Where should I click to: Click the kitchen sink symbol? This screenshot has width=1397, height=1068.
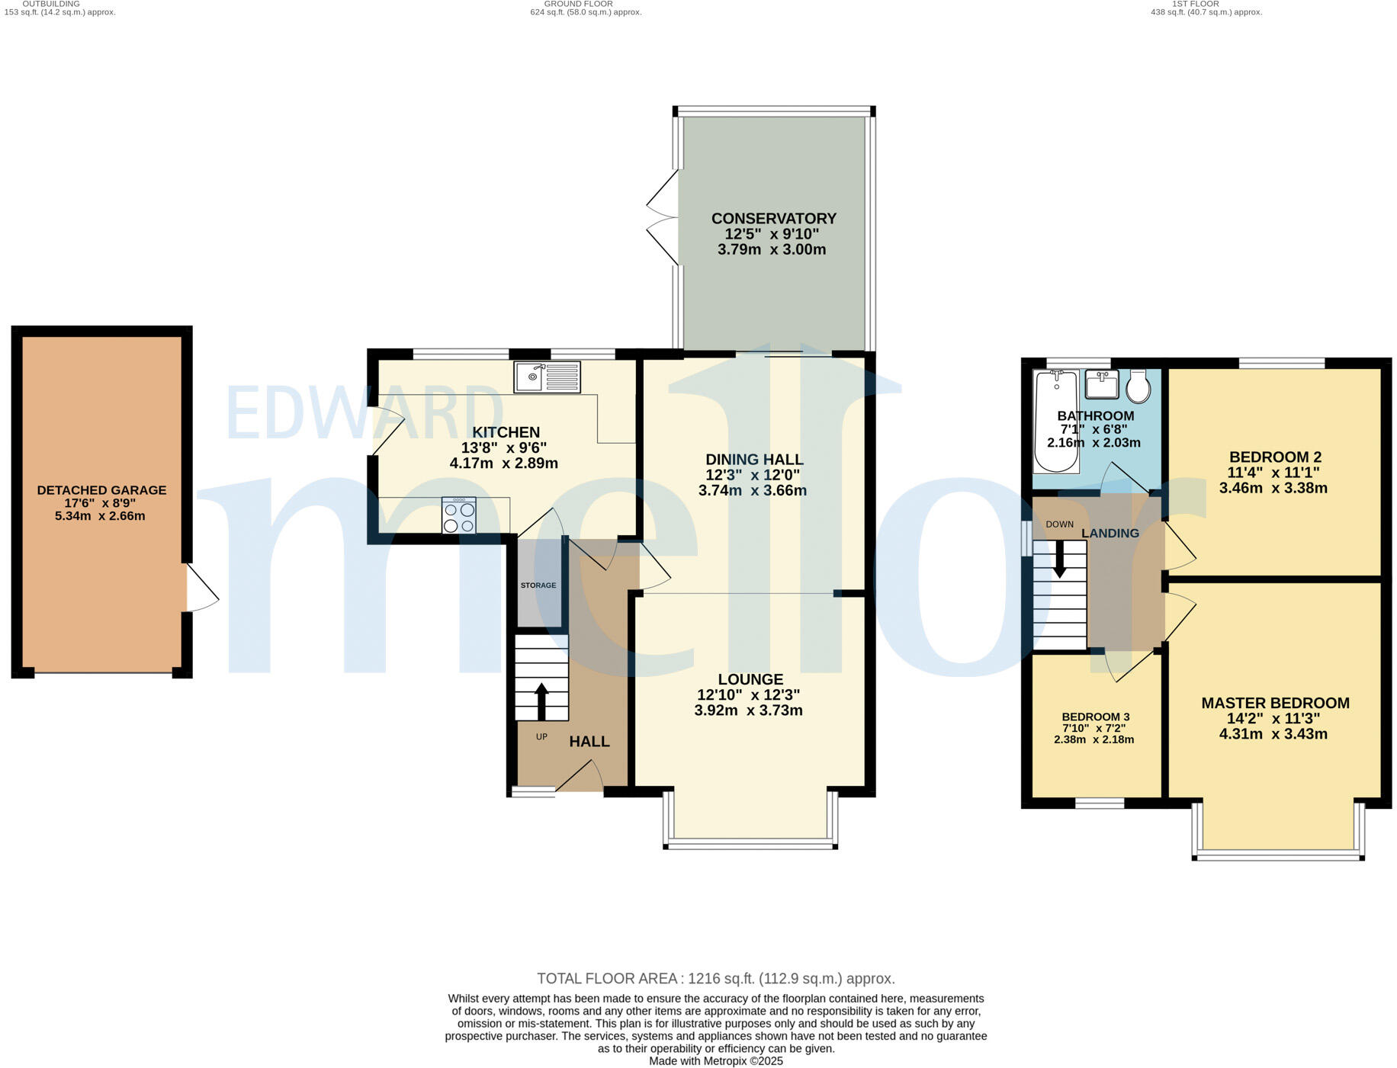pos(547,377)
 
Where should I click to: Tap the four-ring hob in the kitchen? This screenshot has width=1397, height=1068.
pos(458,516)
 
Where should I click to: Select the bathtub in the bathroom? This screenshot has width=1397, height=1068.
pos(1056,422)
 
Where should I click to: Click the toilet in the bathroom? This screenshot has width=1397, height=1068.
pos(1138,387)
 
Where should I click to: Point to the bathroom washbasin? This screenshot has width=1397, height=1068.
pos(1101,384)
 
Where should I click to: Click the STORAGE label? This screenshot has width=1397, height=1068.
pos(538,585)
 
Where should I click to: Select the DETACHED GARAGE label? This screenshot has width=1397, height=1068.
pos(101,490)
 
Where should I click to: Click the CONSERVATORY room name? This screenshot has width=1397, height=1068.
pos(773,219)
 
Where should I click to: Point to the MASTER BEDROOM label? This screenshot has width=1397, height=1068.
pos(1275,703)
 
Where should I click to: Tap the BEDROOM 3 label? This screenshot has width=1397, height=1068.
pos(1095,717)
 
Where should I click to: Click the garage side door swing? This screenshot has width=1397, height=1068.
pos(201,588)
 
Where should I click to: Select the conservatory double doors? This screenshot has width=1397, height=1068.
pos(662,218)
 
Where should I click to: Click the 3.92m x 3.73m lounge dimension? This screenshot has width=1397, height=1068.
pos(748,710)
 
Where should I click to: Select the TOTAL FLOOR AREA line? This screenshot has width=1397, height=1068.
pos(715,978)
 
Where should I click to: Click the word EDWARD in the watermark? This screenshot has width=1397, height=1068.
pos(364,412)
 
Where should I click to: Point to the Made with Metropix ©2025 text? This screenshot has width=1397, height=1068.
pos(715,1061)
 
